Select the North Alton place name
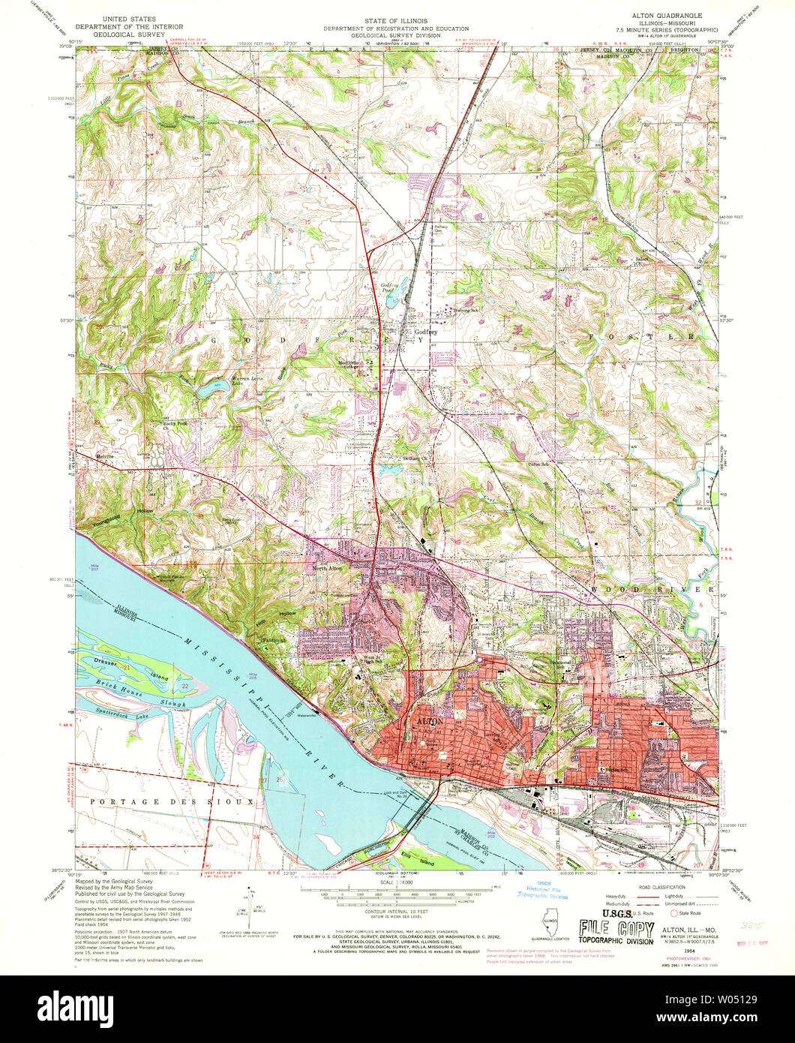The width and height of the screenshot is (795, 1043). tap(327, 568)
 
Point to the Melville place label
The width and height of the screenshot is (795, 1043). tap(104, 455)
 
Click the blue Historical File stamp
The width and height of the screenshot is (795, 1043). tap(541, 890)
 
